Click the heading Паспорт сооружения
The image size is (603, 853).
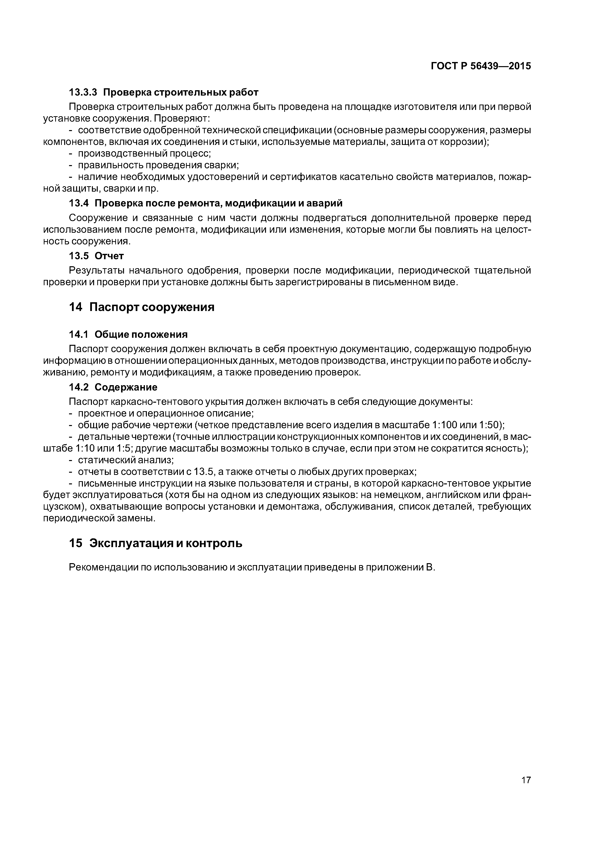click(152, 307)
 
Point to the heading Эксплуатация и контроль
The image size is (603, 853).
click(166, 543)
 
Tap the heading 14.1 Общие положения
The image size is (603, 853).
click(128, 334)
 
